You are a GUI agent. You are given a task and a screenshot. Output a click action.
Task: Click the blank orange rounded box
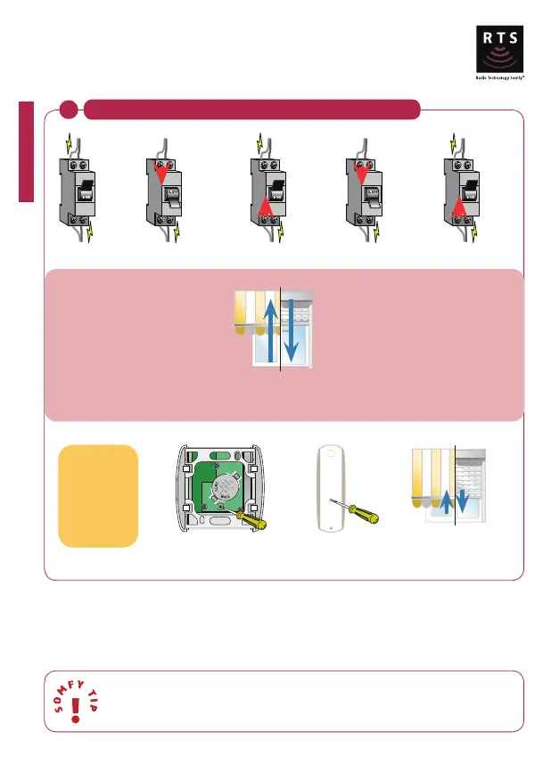98,496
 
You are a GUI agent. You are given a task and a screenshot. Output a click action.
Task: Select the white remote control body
334,495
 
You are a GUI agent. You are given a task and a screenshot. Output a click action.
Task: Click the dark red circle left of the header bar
70,110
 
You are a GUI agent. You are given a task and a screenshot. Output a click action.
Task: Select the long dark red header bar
251,110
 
